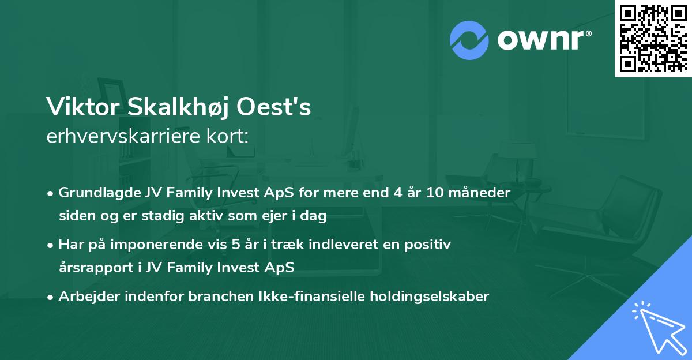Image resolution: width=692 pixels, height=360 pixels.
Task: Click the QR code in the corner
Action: click(x=653, y=38)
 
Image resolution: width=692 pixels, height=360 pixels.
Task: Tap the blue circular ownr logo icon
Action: click(x=469, y=40)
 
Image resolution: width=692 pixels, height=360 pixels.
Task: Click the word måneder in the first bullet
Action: click(x=482, y=193)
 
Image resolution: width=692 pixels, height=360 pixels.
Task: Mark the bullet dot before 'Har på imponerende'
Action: click(x=51, y=245)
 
